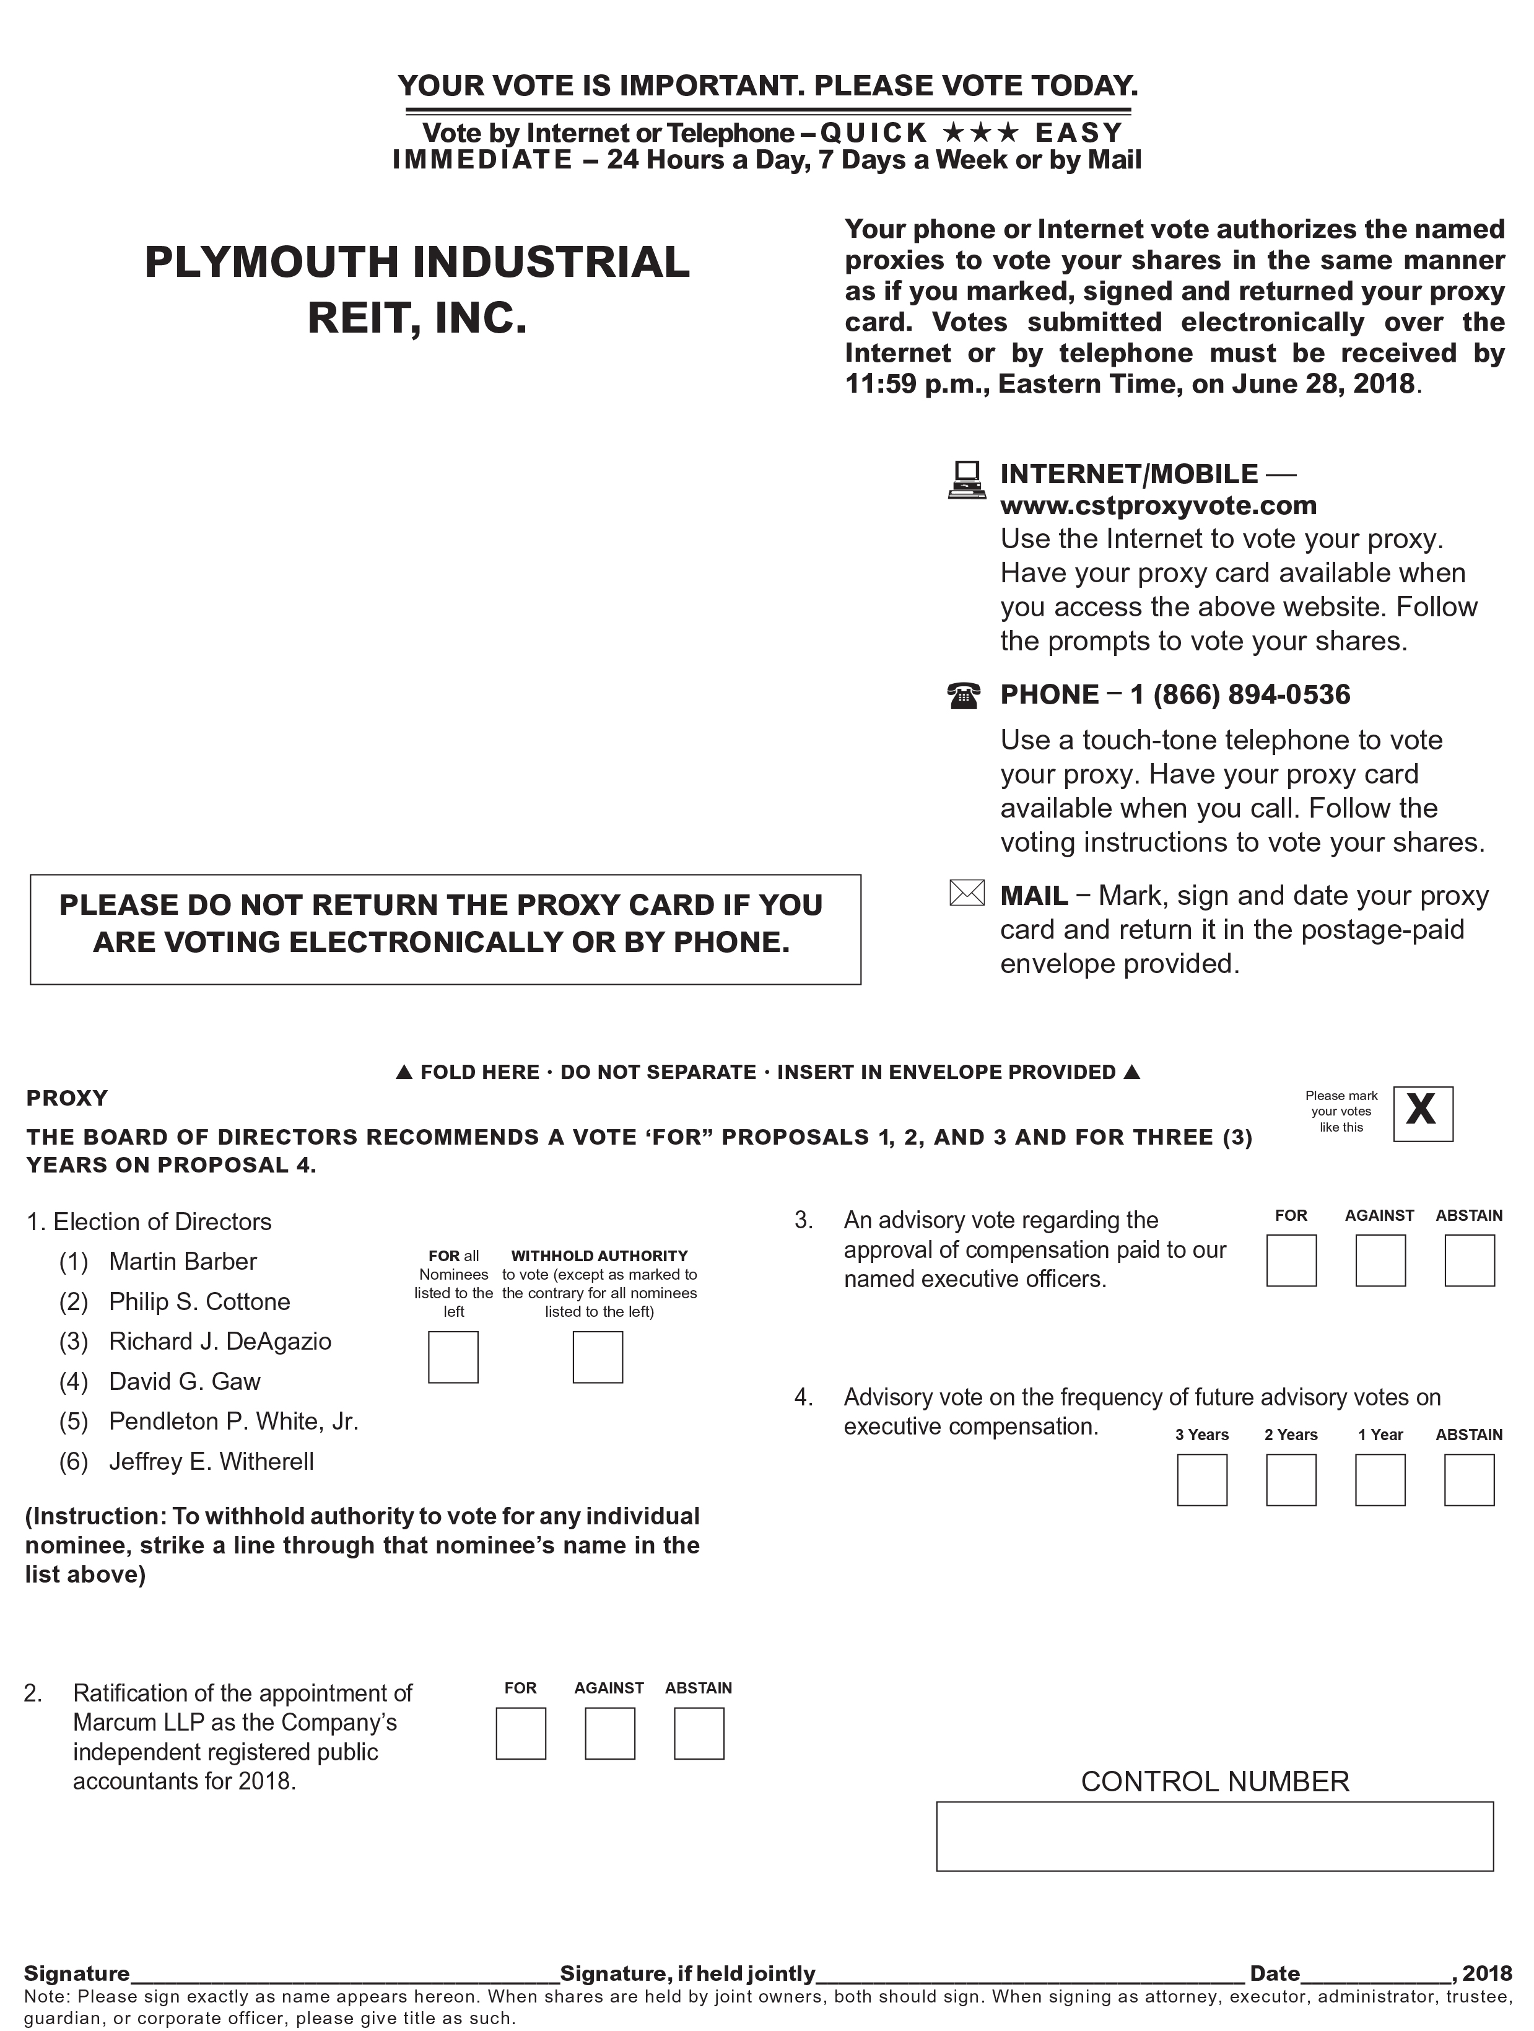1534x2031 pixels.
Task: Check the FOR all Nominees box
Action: click(x=453, y=1357)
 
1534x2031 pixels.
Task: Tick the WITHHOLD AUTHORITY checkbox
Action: click(x=598, y=1357)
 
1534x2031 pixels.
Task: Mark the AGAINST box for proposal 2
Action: click(x=609, y=1734)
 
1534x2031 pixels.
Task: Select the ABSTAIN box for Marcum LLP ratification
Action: click(x=699, y=1734)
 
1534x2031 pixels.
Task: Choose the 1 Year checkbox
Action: click(x=1380, y=1480)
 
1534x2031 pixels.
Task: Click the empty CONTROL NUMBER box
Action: click(x=1214, y=1837)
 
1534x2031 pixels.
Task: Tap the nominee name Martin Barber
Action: click(x=183, y=1262)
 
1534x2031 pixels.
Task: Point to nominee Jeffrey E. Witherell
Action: click(x=211, y=1462)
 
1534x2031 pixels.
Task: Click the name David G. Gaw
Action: click(x=185, y=1382)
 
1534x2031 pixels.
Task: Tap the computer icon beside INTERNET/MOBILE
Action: click(x=965, y=479)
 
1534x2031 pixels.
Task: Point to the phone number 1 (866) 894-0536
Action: click(x=1240, y=695)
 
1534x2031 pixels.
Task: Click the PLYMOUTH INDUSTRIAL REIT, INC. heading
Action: click(x=417, y=289)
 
